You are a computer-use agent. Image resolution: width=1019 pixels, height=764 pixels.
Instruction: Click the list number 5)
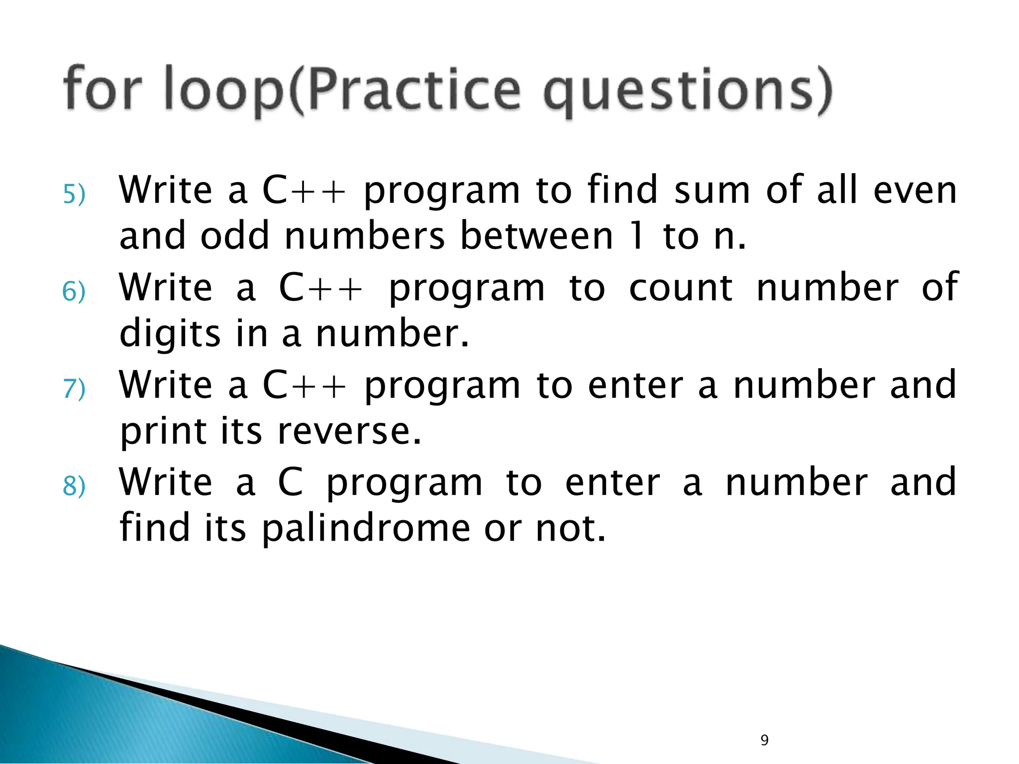[74, 194]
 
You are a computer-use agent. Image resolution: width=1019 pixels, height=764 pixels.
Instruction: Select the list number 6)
[74, 291]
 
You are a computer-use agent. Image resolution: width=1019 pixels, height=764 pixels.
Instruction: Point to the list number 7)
[74, 389]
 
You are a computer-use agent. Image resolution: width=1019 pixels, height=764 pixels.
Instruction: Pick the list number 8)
[74, 486]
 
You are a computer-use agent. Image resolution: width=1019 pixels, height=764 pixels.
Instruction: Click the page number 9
[765, 740]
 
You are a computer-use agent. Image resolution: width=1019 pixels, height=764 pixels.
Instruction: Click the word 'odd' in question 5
[234, 236]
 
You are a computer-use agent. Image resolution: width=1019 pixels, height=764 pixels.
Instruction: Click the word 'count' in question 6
[680, 288]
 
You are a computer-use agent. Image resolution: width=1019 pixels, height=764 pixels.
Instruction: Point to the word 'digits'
[170, 334]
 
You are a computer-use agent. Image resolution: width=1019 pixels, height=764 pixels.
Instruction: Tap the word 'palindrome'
[366, 528]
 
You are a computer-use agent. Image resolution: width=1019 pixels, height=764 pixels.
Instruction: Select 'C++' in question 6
[321, 288]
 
